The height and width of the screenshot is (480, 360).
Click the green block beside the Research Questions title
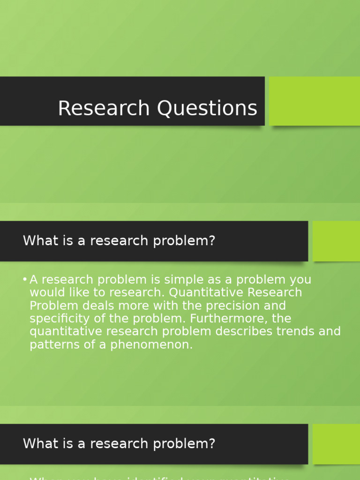pyautogui.click(x=315, y=101)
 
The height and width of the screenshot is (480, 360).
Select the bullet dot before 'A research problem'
pyautogui.click(x=24, y=280)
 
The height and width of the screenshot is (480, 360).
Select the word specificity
pyautogui.click(x=59, y=319)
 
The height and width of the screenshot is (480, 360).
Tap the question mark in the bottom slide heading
pyautogui.click(x=211, y=443)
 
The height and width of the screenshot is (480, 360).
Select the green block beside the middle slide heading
pyautogui.click(x=336, y=241)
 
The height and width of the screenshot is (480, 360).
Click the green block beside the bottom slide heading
pyautogui.click(x=336, y=444)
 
